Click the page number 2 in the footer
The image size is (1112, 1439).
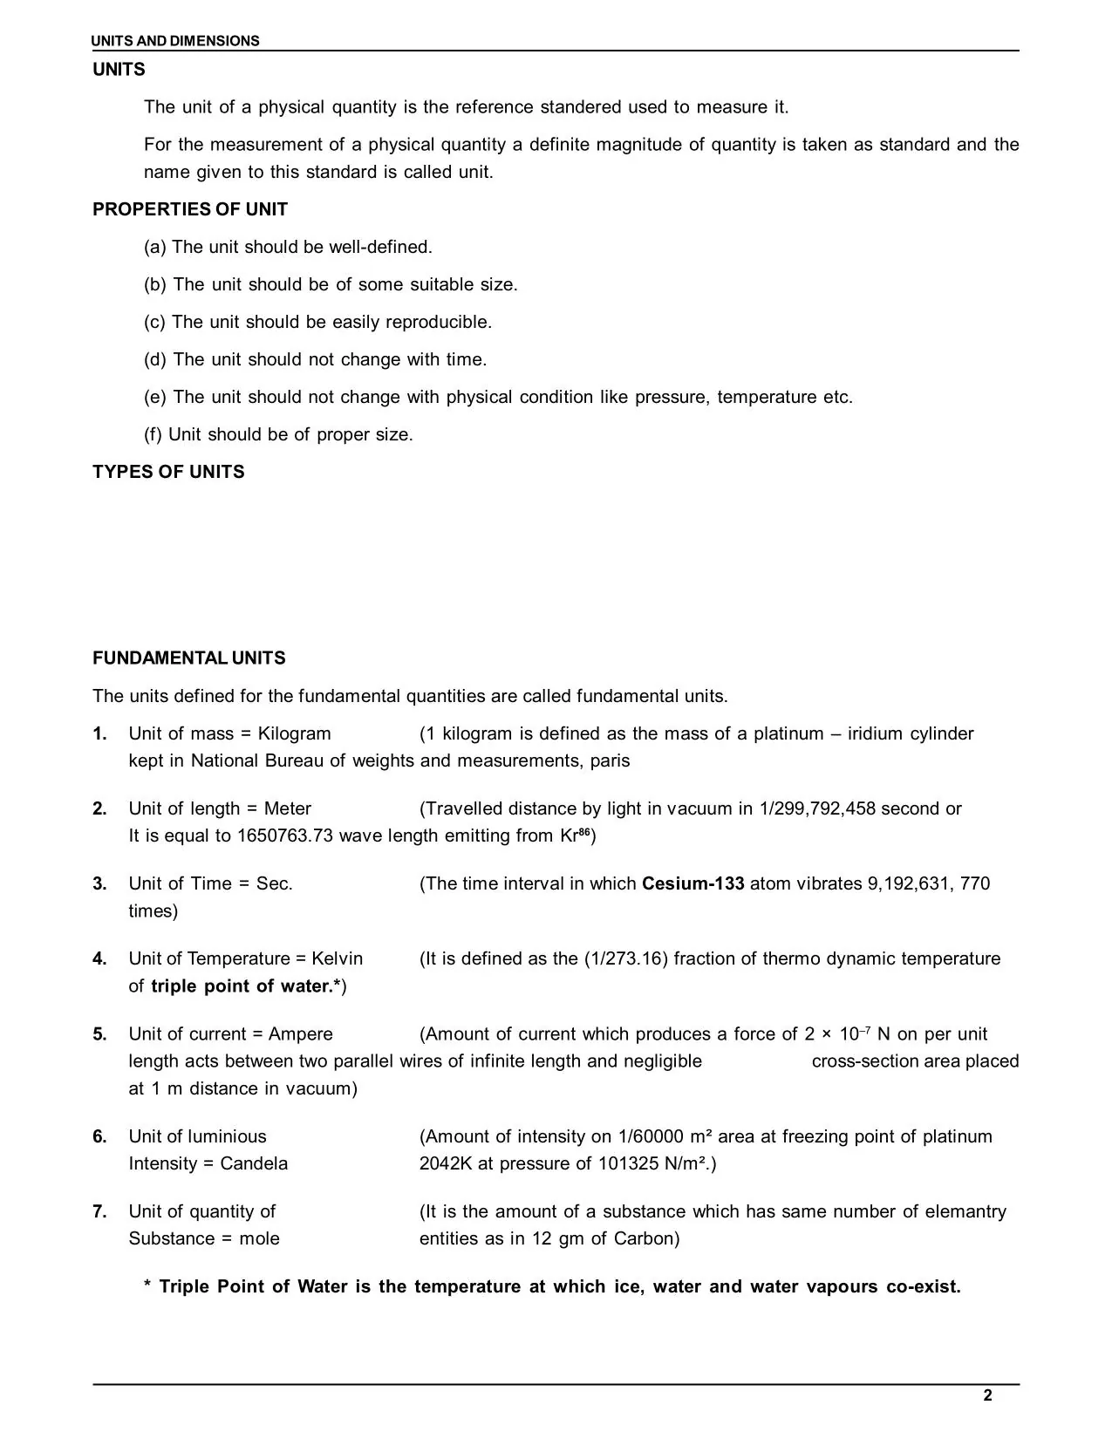987,1395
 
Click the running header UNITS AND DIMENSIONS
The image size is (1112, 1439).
176,41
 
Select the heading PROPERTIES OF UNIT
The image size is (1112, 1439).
190,209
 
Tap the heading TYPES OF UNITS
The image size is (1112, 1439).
168,472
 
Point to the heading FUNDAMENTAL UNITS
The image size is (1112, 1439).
189,658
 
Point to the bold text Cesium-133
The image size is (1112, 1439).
692,883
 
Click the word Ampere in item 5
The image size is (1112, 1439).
300,1034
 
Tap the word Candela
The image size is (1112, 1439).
254,1163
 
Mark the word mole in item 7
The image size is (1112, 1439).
259,1238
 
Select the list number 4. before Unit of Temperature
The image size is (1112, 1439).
100,958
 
